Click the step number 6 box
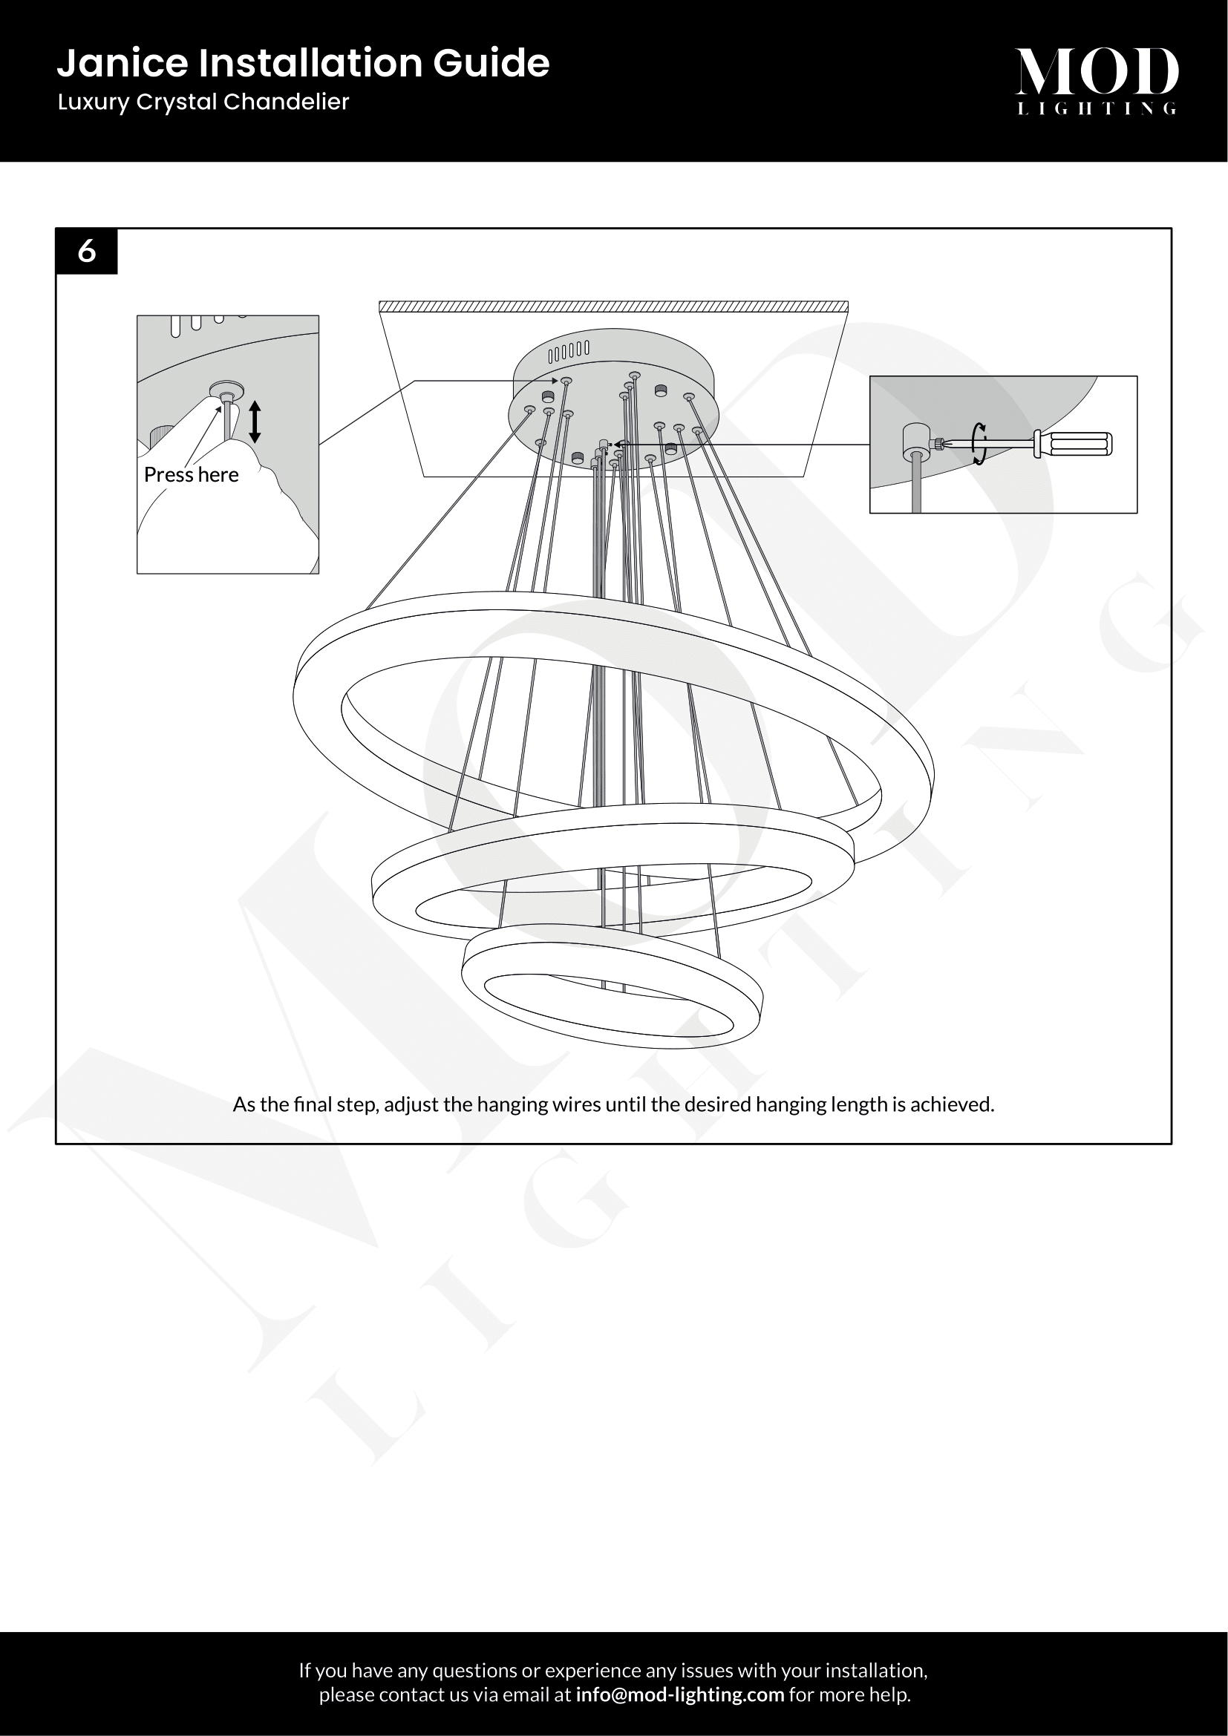pos(87,251)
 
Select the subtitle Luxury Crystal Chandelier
pos(203,102)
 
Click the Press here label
pos(192,474)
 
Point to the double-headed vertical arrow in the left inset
pos(255,422)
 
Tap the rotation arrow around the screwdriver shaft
pos(980,443)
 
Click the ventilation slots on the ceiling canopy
pos(568,351)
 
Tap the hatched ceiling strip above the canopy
pos(613,307)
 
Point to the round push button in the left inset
pos(227,390)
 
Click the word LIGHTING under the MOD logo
pos(1097,108)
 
